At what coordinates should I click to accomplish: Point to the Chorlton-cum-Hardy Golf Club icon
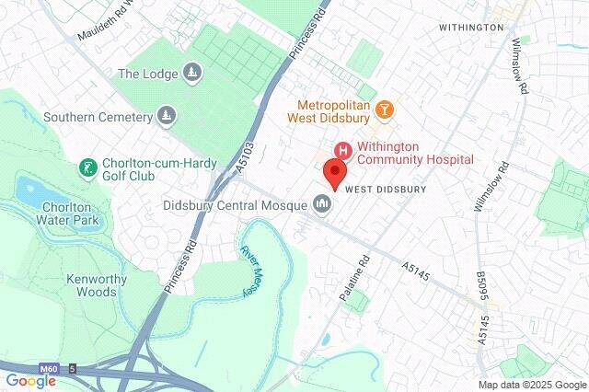(x=87, y=168)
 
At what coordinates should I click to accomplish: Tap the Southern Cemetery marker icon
(x=167, y=117)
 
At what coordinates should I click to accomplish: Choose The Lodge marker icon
(x=191, y=73)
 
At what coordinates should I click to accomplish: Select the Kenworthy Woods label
(x=92, y=285)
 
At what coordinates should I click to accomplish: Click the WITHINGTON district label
(x=471, y=28)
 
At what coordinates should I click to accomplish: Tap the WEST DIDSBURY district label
(x=386, y=189)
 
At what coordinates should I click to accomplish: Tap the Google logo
(x=29, y=381)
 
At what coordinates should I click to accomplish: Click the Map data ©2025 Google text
(x=532, y=385)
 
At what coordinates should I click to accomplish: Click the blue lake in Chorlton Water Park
(x=29, y=191)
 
